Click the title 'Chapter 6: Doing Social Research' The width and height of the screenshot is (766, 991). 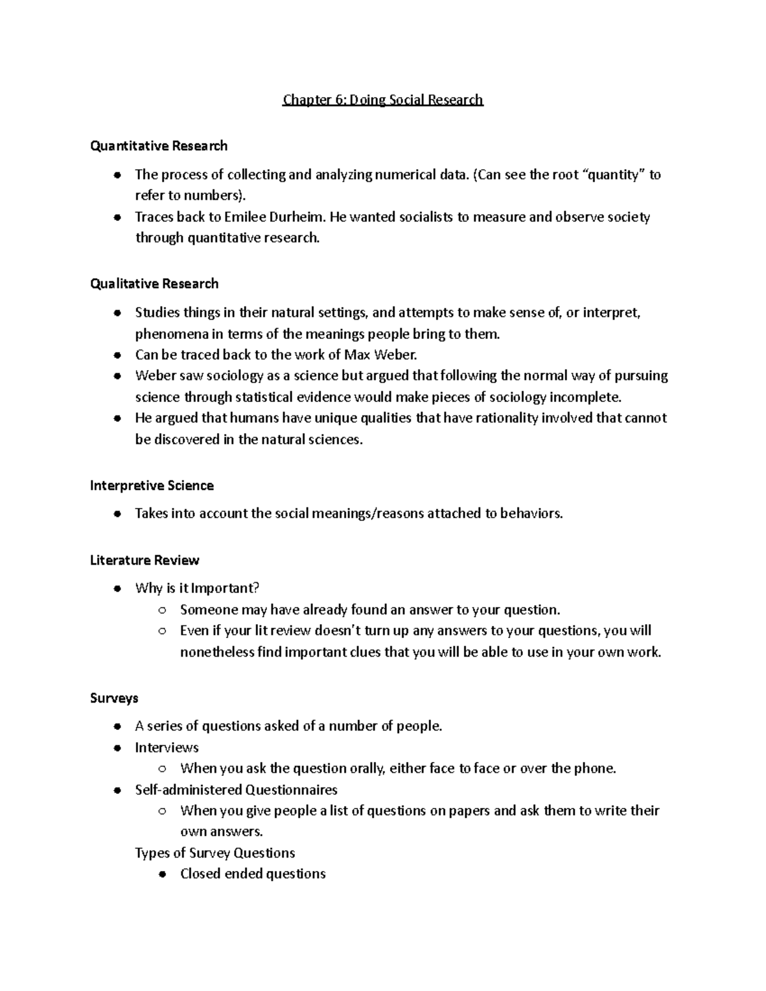[x=383, y=100]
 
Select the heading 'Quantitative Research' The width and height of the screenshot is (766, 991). [x=159, y=146]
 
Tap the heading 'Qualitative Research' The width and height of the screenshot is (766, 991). [x=154, y=284]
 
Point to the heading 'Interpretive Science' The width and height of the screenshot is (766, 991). [x=152, y=486]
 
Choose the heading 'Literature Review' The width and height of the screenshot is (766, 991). [x=145, y=560]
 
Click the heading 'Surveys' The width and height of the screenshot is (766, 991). [x=114, y=698]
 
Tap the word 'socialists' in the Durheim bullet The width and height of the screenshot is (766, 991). [x=426, y=217]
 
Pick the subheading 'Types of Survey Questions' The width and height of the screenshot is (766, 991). [x=215, y=853]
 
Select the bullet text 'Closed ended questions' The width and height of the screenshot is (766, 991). [x=253, y=874]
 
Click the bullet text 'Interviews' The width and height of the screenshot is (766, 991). [x=167, y=747]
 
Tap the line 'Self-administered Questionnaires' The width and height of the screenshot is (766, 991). [x=236, y=790]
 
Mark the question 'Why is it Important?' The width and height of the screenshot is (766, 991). [x=197, y=588]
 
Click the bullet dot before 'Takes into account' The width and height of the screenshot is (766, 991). [x=117, y=514]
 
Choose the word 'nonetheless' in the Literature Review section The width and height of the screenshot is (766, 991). [x=217, y=652]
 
